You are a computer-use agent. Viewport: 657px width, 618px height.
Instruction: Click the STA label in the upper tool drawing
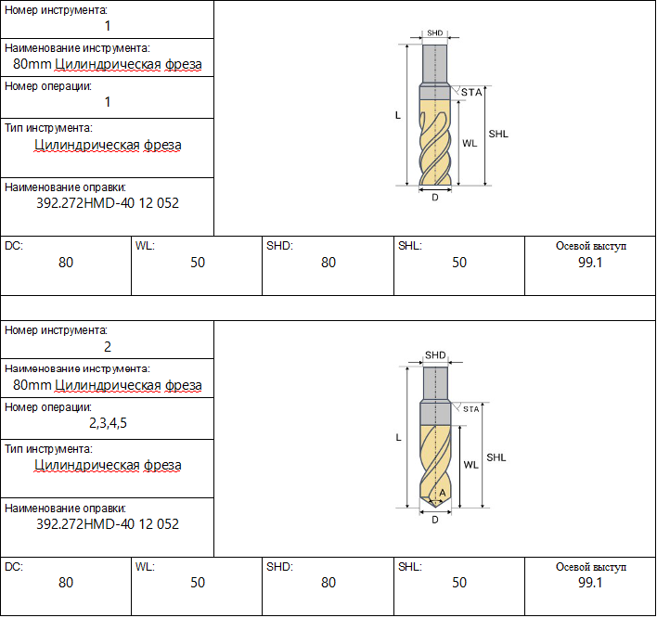(471, 92)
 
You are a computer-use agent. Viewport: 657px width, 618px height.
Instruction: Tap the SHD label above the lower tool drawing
(435, 355)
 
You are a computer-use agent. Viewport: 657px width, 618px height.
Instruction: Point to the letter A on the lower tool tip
(443, 493)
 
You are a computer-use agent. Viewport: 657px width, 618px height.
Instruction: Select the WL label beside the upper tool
(470, 143)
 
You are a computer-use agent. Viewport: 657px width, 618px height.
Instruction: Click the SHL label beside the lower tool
(496, 457)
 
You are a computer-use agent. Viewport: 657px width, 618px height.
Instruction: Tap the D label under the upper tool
(435, 198)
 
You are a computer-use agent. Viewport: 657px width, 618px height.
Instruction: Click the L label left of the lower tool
(398, 437)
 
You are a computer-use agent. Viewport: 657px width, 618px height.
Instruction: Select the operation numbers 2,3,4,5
(108, 423)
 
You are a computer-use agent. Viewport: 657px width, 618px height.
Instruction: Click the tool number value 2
(108, 347)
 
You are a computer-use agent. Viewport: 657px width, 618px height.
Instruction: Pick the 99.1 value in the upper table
(590, 263)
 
